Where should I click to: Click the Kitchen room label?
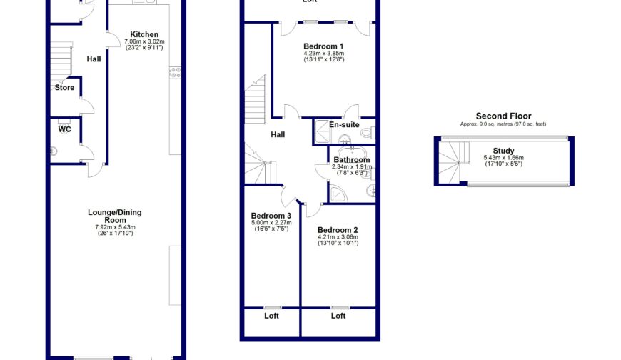tap(144, 34)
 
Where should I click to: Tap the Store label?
tap(64, 88)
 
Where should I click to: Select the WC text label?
tap(64, 129)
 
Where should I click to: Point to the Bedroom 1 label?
tap(323, 46)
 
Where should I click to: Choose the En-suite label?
tap(344, 125)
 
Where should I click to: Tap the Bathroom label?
tap(351, 159)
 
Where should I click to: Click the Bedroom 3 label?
tap(271, 216)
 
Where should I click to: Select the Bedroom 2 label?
tap(338, 230)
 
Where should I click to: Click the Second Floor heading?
tap(503, 116)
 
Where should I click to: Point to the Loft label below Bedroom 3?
tap(271, 316)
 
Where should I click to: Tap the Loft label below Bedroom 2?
tap(338, 316)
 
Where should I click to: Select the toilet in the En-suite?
tap(366, 132)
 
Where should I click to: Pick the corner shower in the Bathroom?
tap(336, 192)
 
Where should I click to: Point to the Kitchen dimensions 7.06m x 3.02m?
tap(144, 42)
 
